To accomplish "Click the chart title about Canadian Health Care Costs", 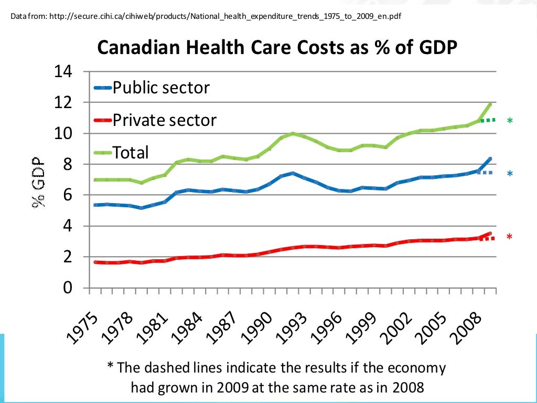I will click(277, 48).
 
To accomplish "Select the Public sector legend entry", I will click(161, 87).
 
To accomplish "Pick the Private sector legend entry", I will click(164, 120).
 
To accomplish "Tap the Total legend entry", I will click(131, 153).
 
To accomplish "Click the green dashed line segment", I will click(487, 120).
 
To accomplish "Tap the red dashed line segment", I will click(487, 238).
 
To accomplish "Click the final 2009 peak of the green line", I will click(490, 104).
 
